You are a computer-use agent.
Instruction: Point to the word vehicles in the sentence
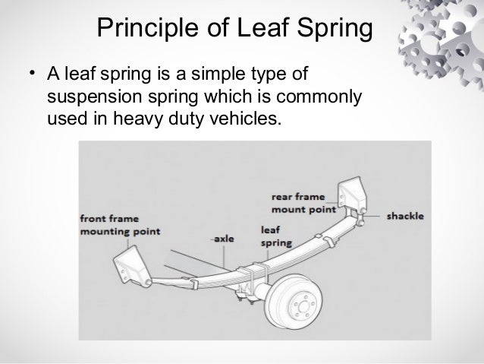coord(237,119)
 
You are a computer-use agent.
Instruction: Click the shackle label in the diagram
coord(405,216)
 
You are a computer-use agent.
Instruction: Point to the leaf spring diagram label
coord(272,236)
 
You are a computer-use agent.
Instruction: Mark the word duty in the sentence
coord(185,119)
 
